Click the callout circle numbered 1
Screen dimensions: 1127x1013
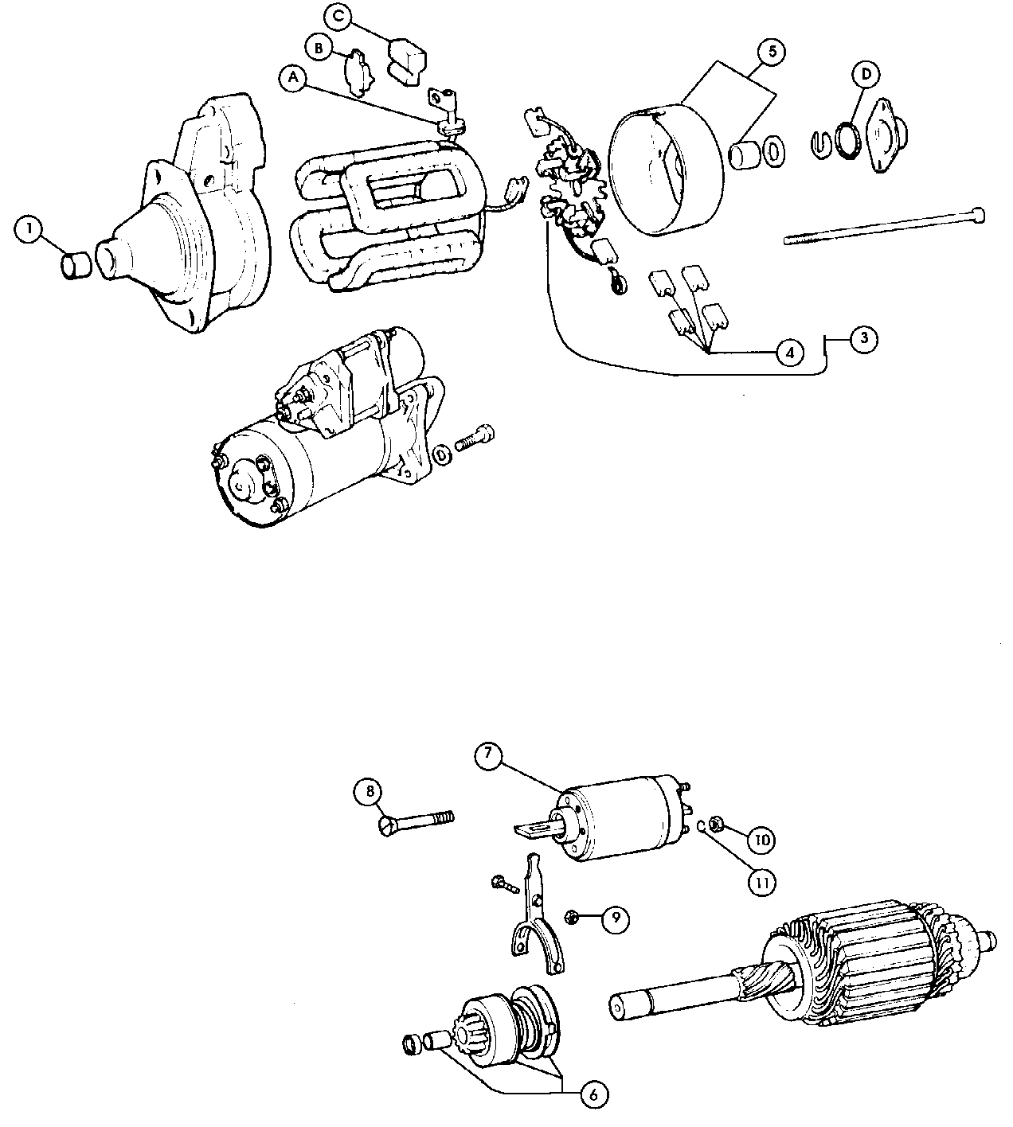click(29, 232)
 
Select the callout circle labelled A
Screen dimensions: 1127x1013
click(293, 77)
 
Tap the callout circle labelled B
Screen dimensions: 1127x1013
click(319, 49)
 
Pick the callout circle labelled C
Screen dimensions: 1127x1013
click(338, 17)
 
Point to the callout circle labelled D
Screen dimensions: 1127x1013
click(866, 74)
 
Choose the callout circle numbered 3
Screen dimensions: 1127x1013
click(864, 337)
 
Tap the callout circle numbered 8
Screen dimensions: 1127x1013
click(369, 792)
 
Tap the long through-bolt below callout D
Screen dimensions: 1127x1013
click(884, 225)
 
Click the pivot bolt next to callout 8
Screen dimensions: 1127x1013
click(414, 821)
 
